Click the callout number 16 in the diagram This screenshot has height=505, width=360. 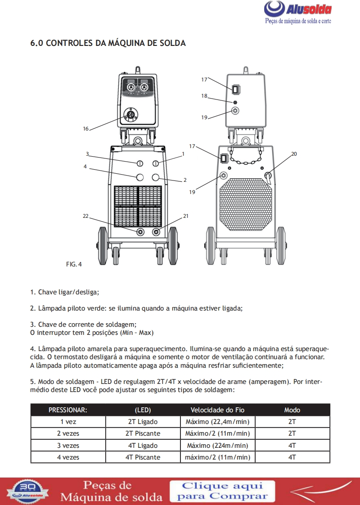pyautogui.click(x=85, y=129)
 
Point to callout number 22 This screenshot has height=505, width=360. pyautogui.click(x=85, y=216)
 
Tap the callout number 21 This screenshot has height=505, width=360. pyautogui.click(x=185, y=216)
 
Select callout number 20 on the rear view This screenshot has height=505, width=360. pyautogui.click(x=294, y=154)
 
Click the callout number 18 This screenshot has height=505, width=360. pyautogui.click(x=204, y=96)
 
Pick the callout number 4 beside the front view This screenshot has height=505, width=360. pyautogui.click(x=85, y=167)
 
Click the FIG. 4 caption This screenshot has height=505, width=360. pyautogui.click(x=74, y=264)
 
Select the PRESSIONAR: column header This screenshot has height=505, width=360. pyautogui.click(x=68, y=410)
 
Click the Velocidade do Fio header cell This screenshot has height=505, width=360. pyautogui.click(x=217, y=410)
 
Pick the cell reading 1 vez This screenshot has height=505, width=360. pyautogui.click(x=68, y=422)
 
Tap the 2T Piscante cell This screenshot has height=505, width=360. pyautogui.click(x=143, y=433)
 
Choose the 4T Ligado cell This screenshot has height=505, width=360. pyautogui.click(x=143, y=446)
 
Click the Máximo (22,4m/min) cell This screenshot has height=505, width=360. pyautogui.click(x=217, y=422)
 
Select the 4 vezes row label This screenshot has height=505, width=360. pyautogui.click(x=68, y=457)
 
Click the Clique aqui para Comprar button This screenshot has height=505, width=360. pyautogui.click(x=223, y=491)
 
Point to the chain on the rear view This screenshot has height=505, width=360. pyautogui.click(x=246, y=158)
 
